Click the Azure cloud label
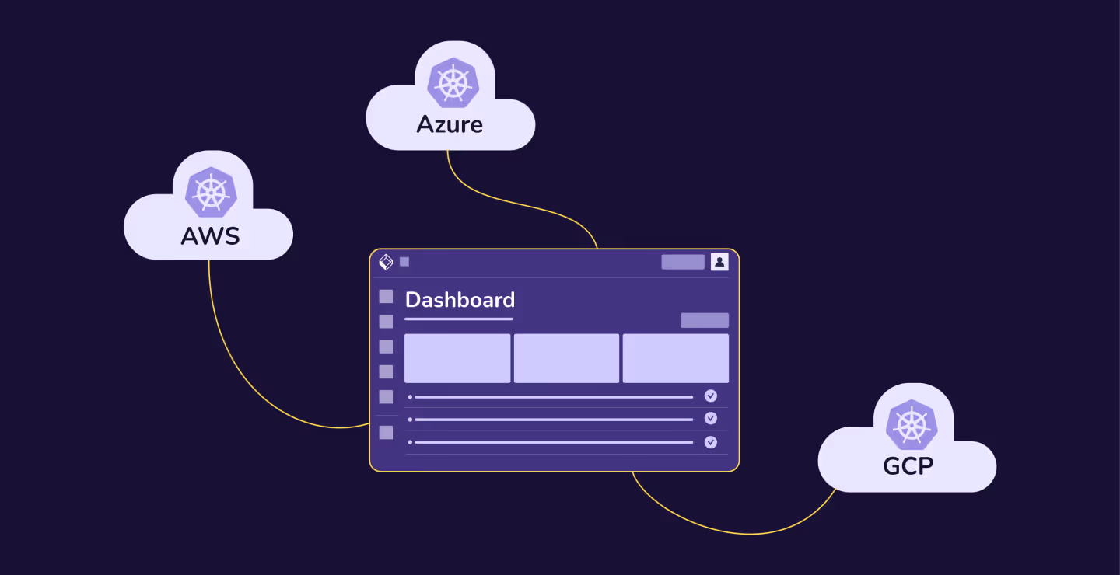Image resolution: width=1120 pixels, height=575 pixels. [450, 124]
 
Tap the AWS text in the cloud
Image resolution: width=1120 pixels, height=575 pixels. [210, 235]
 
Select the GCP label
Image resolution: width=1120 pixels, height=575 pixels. [908, 466]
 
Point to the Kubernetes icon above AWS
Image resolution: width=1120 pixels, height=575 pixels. [211, 192]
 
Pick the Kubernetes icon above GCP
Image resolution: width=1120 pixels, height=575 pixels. [911, 424]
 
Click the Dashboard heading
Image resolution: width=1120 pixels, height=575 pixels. [460, 300]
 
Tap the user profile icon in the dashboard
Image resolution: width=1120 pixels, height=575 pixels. [719, 262]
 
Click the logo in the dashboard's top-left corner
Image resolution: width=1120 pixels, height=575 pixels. [386, 262]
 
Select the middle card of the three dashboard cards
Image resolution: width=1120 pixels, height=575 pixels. [566, 358]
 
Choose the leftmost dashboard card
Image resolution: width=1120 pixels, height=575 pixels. [457, 358]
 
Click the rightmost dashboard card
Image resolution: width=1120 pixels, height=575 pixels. [675, 358]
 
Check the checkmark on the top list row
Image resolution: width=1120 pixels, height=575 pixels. [710, 396]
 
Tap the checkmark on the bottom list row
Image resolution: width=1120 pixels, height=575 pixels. [710, 442]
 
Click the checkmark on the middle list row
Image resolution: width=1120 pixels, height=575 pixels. [710, 419]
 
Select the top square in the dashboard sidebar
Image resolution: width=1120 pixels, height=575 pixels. [386, 296]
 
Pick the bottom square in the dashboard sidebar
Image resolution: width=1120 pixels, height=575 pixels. [386, 433]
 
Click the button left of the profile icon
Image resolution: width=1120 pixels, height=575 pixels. [683, 262]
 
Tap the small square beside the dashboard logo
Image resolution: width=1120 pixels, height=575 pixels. [404, 262]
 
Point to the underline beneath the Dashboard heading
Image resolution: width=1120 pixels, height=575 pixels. [459, 319]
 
